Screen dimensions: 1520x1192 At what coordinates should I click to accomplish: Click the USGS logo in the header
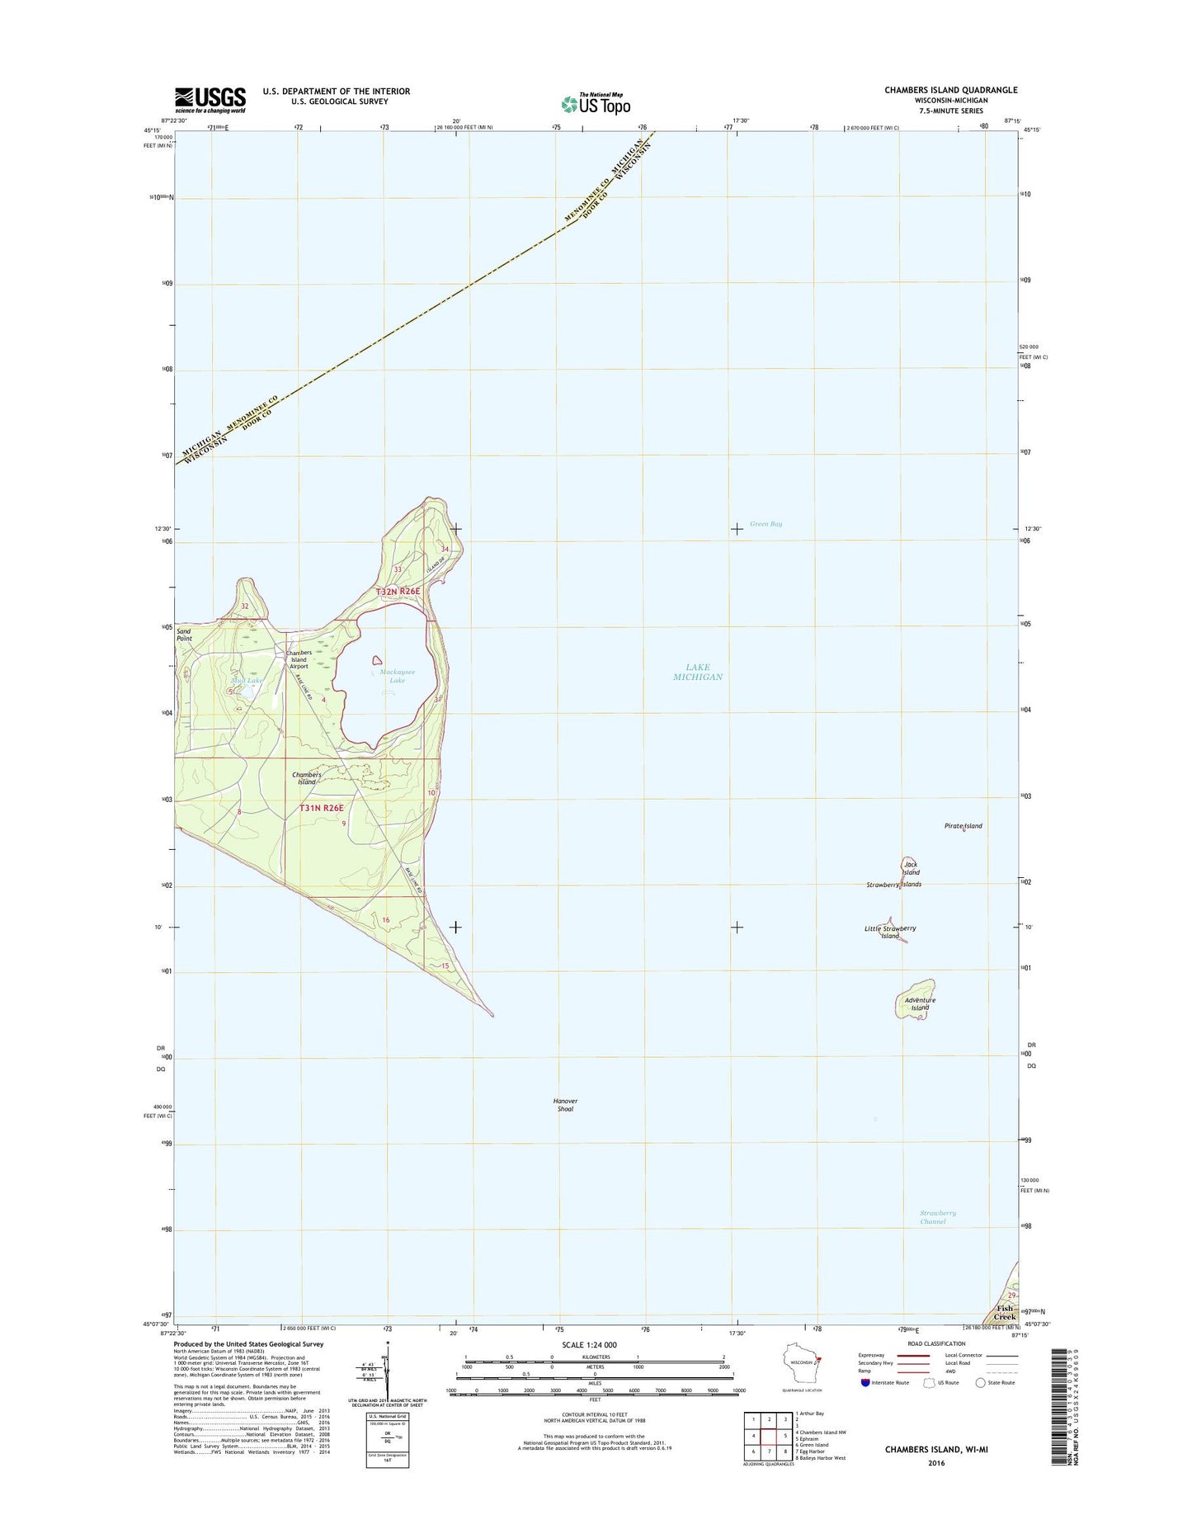(210, 99)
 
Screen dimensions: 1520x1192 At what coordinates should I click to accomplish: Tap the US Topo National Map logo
(596, 103)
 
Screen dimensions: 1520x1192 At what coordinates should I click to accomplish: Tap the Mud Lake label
(247, 680)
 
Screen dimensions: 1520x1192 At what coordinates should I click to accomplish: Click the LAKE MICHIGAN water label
(697, 672)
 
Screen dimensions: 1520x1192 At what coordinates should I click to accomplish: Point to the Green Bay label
(766, 524)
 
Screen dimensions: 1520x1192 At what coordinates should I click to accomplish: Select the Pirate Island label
(963, 825)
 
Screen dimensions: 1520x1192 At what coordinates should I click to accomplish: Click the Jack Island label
(910, 868)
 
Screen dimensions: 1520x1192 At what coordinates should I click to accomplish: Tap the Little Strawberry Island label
(889, 932)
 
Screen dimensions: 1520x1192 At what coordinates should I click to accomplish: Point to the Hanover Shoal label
(565, 1105)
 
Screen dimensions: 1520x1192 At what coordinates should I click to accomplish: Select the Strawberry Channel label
(937, 1217)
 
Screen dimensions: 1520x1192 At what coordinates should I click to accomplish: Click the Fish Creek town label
(1004, 1312)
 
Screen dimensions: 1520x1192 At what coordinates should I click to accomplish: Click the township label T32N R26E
(398, 592)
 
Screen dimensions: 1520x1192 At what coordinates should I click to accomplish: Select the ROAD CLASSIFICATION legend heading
(936, 1343)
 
